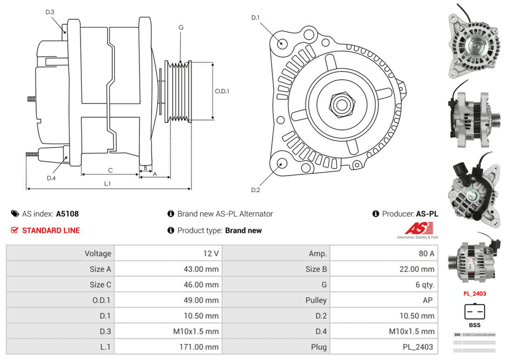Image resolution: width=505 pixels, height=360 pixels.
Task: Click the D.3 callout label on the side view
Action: point(49,12)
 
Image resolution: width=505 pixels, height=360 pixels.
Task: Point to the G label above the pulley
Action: point(180,27)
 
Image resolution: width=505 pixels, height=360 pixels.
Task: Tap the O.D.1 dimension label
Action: point(222,91)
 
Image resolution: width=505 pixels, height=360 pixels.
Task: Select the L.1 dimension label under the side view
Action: point(107,184)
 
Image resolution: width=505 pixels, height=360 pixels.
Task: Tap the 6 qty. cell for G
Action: point(425,285)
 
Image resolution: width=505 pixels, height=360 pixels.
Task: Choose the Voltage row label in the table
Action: point(98,253)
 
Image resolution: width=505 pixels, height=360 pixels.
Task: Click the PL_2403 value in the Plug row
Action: point(419,347)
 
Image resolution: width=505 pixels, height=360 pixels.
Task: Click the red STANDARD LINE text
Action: point(50,230)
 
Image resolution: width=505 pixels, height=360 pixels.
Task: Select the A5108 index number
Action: point(67,214)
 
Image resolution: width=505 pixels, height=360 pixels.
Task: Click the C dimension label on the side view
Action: point(110,170)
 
